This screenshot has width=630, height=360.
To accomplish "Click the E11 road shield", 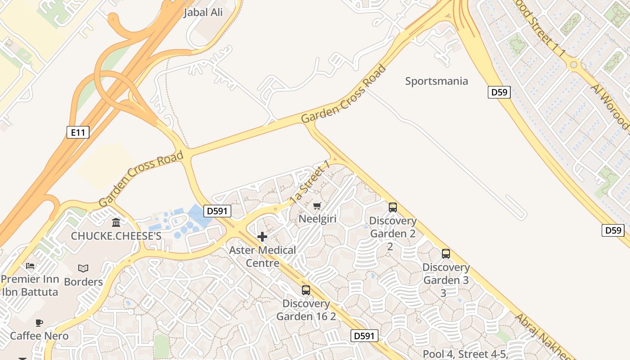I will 78,132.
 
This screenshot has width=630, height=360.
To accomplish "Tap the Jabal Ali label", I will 203,13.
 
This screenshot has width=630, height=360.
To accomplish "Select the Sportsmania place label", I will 436,81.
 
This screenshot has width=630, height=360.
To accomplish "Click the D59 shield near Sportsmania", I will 499,93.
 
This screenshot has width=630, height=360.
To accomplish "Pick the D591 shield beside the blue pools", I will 217,211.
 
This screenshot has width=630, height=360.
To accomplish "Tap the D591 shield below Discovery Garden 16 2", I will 364,336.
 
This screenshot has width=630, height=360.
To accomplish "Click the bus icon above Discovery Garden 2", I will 393,207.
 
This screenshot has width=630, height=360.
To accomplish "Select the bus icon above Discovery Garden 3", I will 446,254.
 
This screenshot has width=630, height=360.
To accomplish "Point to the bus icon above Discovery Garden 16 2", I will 306,290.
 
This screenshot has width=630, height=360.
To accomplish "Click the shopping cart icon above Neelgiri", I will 317,206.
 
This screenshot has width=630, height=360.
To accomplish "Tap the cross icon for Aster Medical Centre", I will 262,237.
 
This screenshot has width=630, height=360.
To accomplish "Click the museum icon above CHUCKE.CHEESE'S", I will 116,222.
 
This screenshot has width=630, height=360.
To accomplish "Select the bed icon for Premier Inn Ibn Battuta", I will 30,266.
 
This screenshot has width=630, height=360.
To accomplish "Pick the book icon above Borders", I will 83,269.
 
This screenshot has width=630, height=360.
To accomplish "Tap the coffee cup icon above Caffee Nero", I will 39,323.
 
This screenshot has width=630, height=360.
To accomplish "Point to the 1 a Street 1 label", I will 310,184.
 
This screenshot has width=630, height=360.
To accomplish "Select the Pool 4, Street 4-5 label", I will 465,354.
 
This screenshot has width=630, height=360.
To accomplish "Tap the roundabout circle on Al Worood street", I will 573,65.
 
